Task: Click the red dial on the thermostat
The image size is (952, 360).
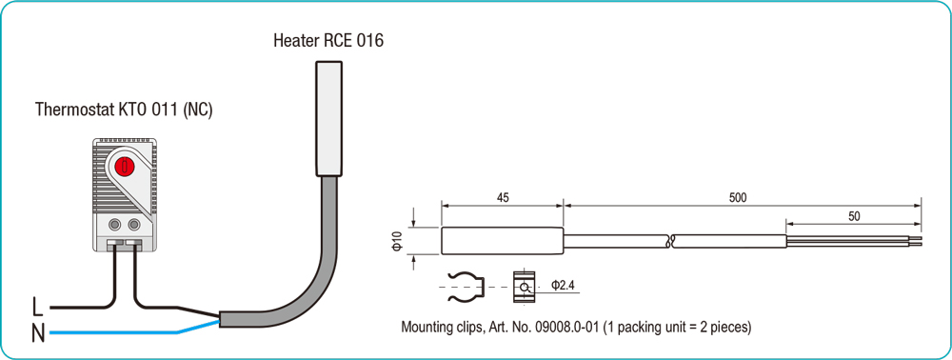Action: [x=123, y=165]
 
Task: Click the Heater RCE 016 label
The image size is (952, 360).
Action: [x=327, y=41]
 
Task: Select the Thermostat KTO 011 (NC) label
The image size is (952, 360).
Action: [x=124, y=110]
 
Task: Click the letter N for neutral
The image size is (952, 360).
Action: [x=38, y=333]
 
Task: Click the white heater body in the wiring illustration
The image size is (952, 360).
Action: [x=329, y=118]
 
